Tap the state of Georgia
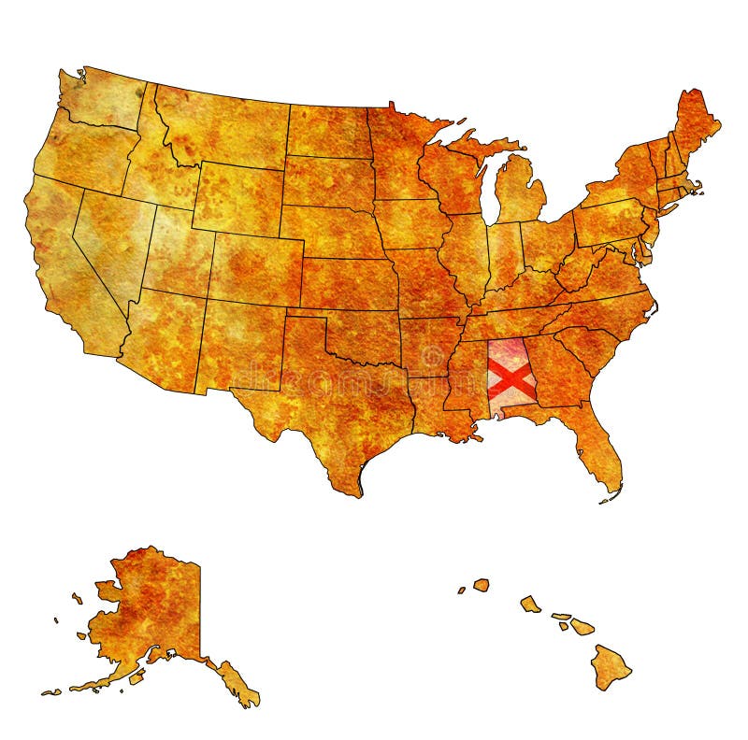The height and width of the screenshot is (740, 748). pyautogui.click(x=556, y=374)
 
